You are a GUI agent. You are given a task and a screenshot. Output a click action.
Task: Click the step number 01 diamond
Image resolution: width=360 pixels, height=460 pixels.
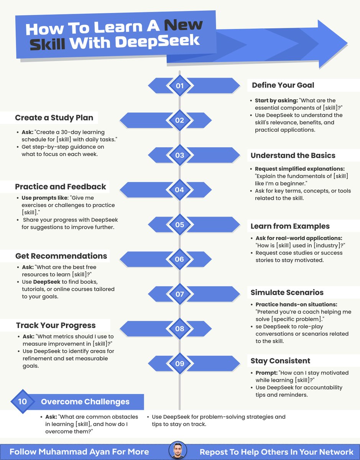pyautogui.click(x=179, y=85)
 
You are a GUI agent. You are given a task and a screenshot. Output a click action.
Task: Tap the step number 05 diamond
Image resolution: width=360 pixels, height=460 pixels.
pyautogui.click(x=179, y=225)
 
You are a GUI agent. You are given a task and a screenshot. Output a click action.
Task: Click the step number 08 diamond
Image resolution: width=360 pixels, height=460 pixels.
pyautogui.click(x=179, y=329)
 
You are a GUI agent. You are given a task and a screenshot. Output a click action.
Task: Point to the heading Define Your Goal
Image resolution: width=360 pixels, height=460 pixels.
pyautogui.click(x=283, y=85)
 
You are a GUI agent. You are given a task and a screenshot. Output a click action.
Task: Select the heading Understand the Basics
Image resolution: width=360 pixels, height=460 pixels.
pyautogui.click(x=293, y=155)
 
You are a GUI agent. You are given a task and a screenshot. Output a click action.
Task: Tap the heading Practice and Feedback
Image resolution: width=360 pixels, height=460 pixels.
pyautogui.click(x=61, y=187)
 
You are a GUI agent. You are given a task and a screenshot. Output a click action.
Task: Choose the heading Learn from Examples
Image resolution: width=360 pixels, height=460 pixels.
pyautogui.click(x=290, y=226)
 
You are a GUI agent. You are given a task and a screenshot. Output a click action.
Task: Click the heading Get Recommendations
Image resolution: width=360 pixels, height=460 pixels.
pyautogui.click(x=61, y=256)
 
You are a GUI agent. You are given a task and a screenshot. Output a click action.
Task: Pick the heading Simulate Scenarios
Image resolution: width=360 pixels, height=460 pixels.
pyautogui.click(x=287, y=292)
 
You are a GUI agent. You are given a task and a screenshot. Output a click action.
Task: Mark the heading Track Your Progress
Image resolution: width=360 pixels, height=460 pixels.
pyautogui.click(x=56, y=325)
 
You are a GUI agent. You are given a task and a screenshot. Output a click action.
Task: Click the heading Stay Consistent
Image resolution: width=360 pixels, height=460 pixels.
pyautogui.click(x=280, y=361)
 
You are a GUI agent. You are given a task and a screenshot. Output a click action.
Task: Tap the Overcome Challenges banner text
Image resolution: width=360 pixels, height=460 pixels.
pyautogui.click(x=85, y=402)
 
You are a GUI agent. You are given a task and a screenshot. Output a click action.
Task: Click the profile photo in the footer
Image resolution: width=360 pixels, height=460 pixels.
pyautogui.click(x=178, y=451)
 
